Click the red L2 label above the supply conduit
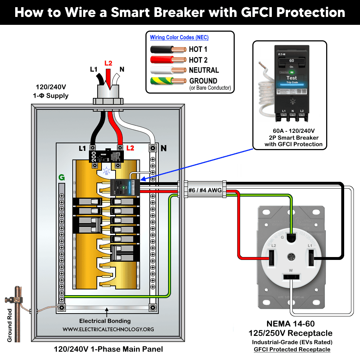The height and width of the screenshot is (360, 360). click(x=108, y=63)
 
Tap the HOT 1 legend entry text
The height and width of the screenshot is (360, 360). click(x=198, y=49)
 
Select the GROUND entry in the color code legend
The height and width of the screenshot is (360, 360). click(x=203, y=81)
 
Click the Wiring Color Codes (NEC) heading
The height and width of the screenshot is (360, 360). click(x=179, y=37)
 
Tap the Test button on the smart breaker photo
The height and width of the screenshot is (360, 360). click(x=292, y=78)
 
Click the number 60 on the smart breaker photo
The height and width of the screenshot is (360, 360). click(x=292, y=60)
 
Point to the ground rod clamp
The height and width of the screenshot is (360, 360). click(x=14, y=299)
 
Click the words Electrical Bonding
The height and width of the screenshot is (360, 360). click(x=105, y=321)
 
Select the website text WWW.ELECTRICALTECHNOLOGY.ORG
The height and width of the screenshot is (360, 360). click(x=108, y=329)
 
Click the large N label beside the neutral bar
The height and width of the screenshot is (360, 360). click(x=164, y=148)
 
